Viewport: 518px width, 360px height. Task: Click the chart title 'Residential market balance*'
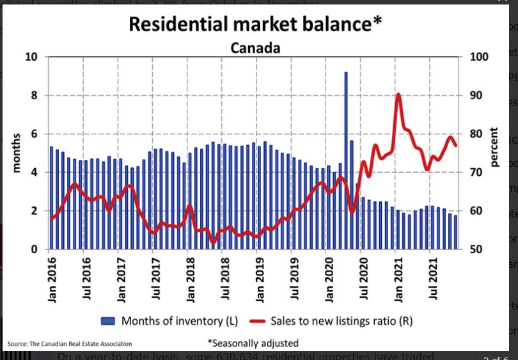click(x=255, y=24)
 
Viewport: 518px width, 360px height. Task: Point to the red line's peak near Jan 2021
click(x=398, y=95)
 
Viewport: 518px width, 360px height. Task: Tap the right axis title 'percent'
click(x=494, y=147)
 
